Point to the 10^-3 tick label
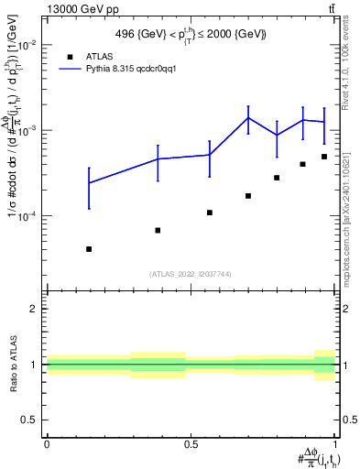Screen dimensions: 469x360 [x=28, y=130]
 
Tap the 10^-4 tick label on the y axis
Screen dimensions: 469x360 [x=28, y=216]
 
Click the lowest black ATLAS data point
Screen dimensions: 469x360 [x=89, y=249]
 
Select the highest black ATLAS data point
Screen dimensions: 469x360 [x=324, y=157]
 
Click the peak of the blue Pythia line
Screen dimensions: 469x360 [x=248, y=117]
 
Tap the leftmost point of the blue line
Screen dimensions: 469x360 [x=89, y=182]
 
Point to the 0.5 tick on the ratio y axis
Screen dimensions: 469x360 [x=29, y=420]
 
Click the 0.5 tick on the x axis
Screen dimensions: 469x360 [x=191, y=444]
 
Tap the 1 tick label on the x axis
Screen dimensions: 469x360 [x=335, y=444]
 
